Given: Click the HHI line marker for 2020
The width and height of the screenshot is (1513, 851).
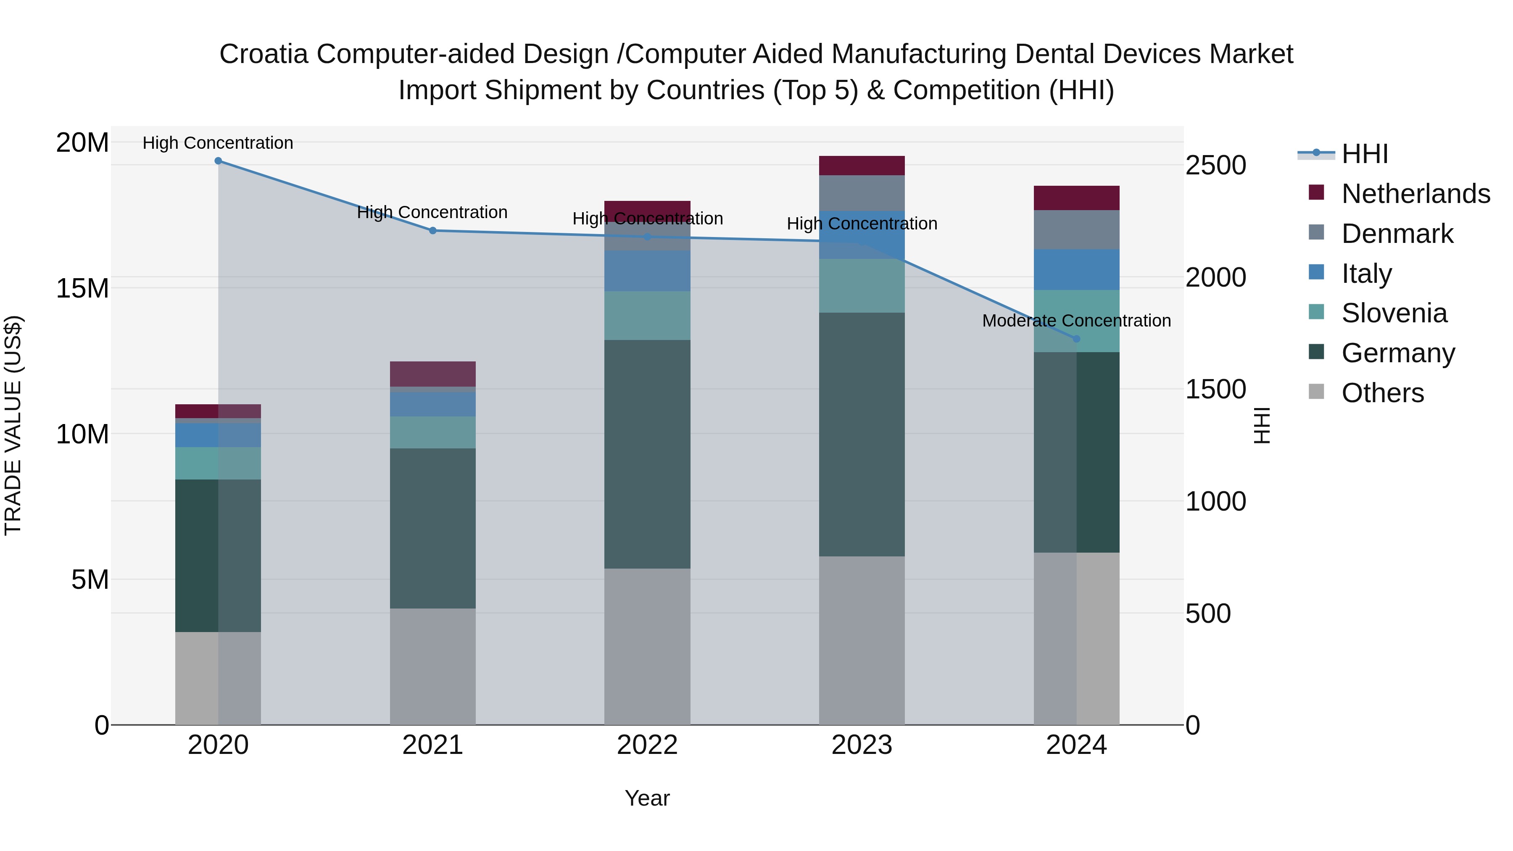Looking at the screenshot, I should point(218,161).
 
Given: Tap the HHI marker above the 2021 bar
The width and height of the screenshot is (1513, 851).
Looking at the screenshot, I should point(432,231).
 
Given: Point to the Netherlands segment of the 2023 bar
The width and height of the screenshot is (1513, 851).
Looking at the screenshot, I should point(862,166).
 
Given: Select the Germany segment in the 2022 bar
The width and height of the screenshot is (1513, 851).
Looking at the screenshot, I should point(647,453).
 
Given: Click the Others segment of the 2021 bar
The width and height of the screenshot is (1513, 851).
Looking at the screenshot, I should point(432,666).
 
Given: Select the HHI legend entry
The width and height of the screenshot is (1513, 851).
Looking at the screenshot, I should point(1364,154).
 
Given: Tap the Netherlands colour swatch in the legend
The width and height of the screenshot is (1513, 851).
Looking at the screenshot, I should point(1316,192).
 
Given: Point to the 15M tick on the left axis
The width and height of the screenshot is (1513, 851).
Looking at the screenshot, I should point(82,288).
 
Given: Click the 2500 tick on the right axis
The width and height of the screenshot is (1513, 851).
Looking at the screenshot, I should point(1215,165).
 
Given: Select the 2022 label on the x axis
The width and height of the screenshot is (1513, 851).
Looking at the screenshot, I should point(647,745).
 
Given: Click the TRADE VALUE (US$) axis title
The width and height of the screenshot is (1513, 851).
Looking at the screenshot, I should point(13,425).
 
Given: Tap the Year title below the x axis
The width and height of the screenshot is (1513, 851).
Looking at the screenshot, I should point(647,798).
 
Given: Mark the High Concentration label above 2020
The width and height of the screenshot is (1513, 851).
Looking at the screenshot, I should point(218,143).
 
